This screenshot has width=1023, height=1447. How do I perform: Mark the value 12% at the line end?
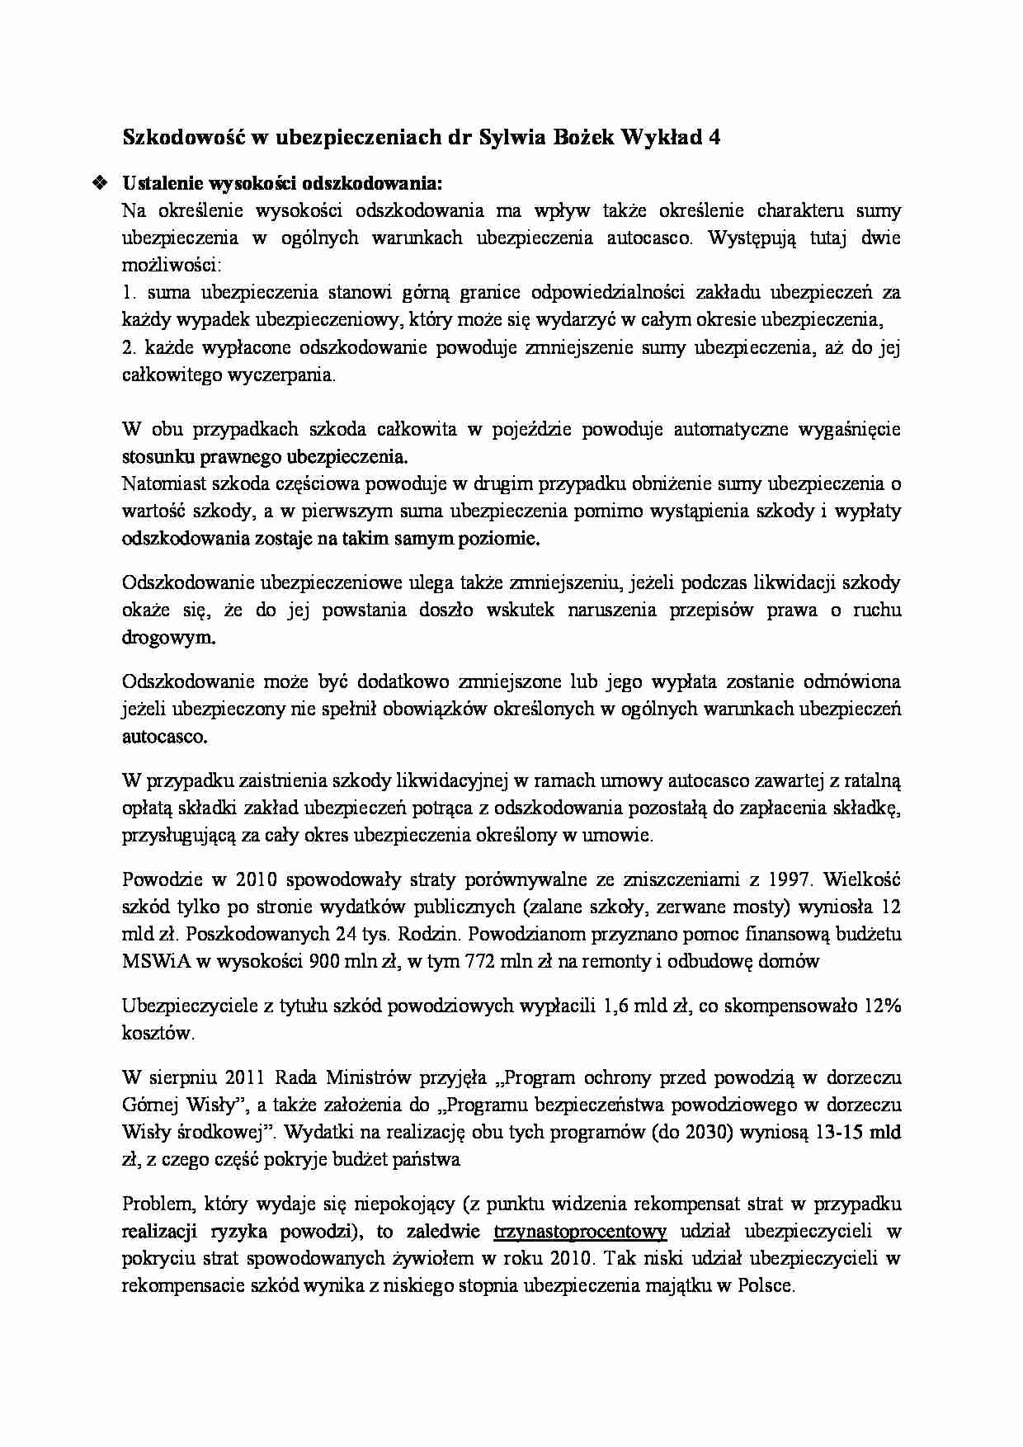click(x=881, y=1006)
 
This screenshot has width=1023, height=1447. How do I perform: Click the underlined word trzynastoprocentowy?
click(x=580, y=1233)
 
